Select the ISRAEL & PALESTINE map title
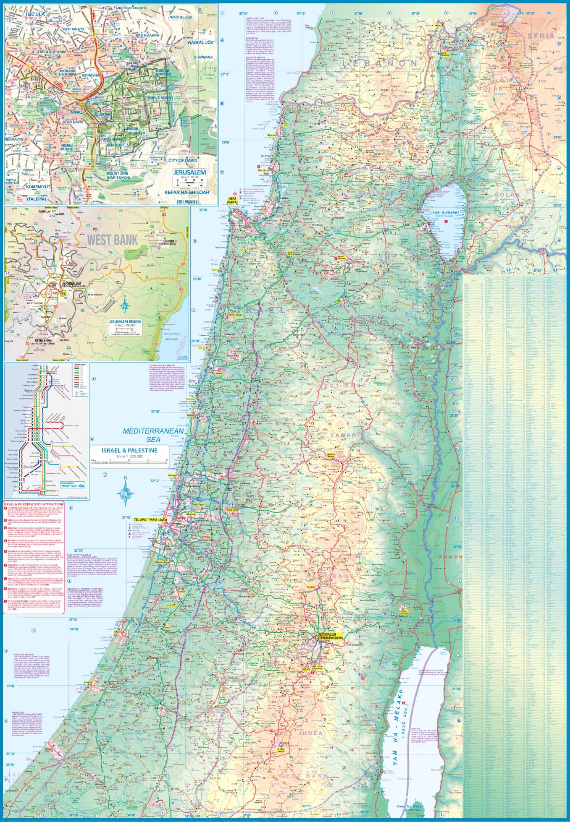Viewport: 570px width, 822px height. pos(129,450)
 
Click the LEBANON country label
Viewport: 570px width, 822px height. pos(380,63)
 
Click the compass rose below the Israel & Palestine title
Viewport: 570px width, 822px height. pos(125,493)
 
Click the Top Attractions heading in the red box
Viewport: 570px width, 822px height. pos(34,504)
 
